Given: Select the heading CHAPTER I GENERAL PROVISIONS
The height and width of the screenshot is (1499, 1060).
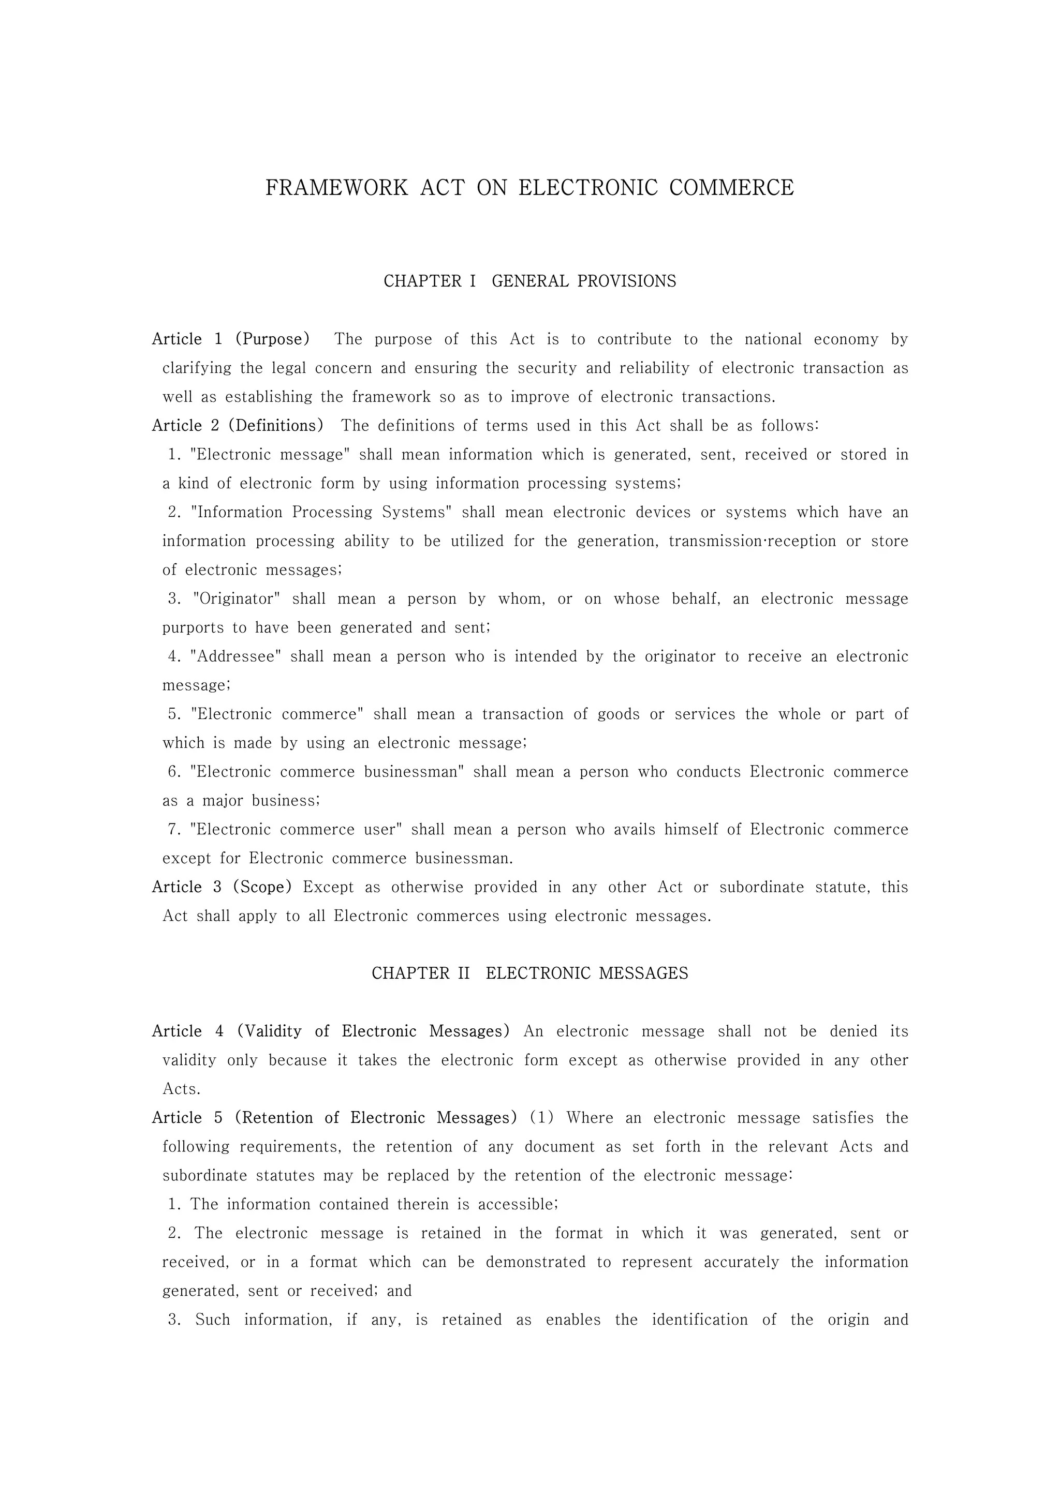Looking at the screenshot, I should pyautogui.click(x=529, y=281).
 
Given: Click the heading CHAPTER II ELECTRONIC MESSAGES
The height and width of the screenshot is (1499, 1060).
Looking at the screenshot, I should pyautogui.click(x=529, y=973).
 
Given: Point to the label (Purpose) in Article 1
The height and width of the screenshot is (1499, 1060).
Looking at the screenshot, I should pyautogui.click(x=272, y=339).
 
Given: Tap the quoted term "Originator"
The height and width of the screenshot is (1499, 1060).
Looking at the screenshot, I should pyautogui.click(x=237, y=598).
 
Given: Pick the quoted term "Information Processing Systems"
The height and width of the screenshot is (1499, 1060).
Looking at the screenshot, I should pyautogui.click(x=321, y=513).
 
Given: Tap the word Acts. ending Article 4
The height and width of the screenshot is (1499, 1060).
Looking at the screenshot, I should pyautogui.click(x=182, y=1089).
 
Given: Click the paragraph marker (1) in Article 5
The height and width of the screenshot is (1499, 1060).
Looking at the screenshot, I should pyautogui.click(x=541, y=1118).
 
